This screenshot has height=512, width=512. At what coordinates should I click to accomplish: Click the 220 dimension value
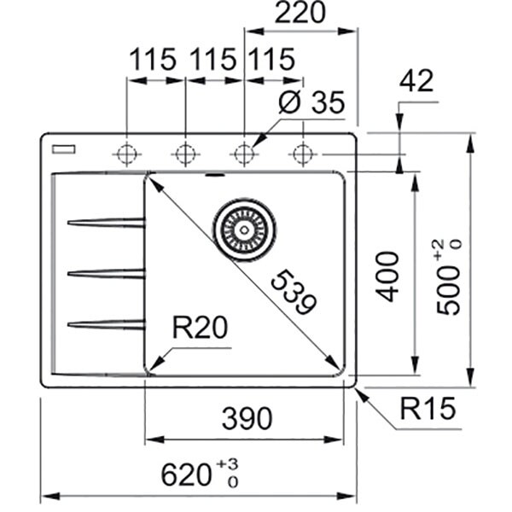[301, 14]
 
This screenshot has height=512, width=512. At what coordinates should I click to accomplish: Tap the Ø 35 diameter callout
[311, 104]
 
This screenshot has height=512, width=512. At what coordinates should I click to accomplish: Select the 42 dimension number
[416, 81]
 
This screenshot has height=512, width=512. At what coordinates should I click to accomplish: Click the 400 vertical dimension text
[387, 276]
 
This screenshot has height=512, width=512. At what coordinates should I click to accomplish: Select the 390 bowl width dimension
[246, 418]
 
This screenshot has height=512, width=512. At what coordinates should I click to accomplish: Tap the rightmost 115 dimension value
[271, 61]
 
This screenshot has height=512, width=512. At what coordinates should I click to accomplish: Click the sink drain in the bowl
[244, 230]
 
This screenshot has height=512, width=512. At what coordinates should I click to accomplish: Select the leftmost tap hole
[127, 154]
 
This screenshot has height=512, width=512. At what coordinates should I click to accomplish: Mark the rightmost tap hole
[301, 154]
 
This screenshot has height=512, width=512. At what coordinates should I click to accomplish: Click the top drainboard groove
[106, 223]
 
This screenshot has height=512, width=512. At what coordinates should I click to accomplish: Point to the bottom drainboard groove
[106, 323]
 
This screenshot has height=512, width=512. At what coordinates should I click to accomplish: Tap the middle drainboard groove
[106, 273]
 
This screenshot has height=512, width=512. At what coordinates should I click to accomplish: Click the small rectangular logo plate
[63, 149]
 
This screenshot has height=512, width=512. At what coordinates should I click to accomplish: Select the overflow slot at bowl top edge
[213, 177]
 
